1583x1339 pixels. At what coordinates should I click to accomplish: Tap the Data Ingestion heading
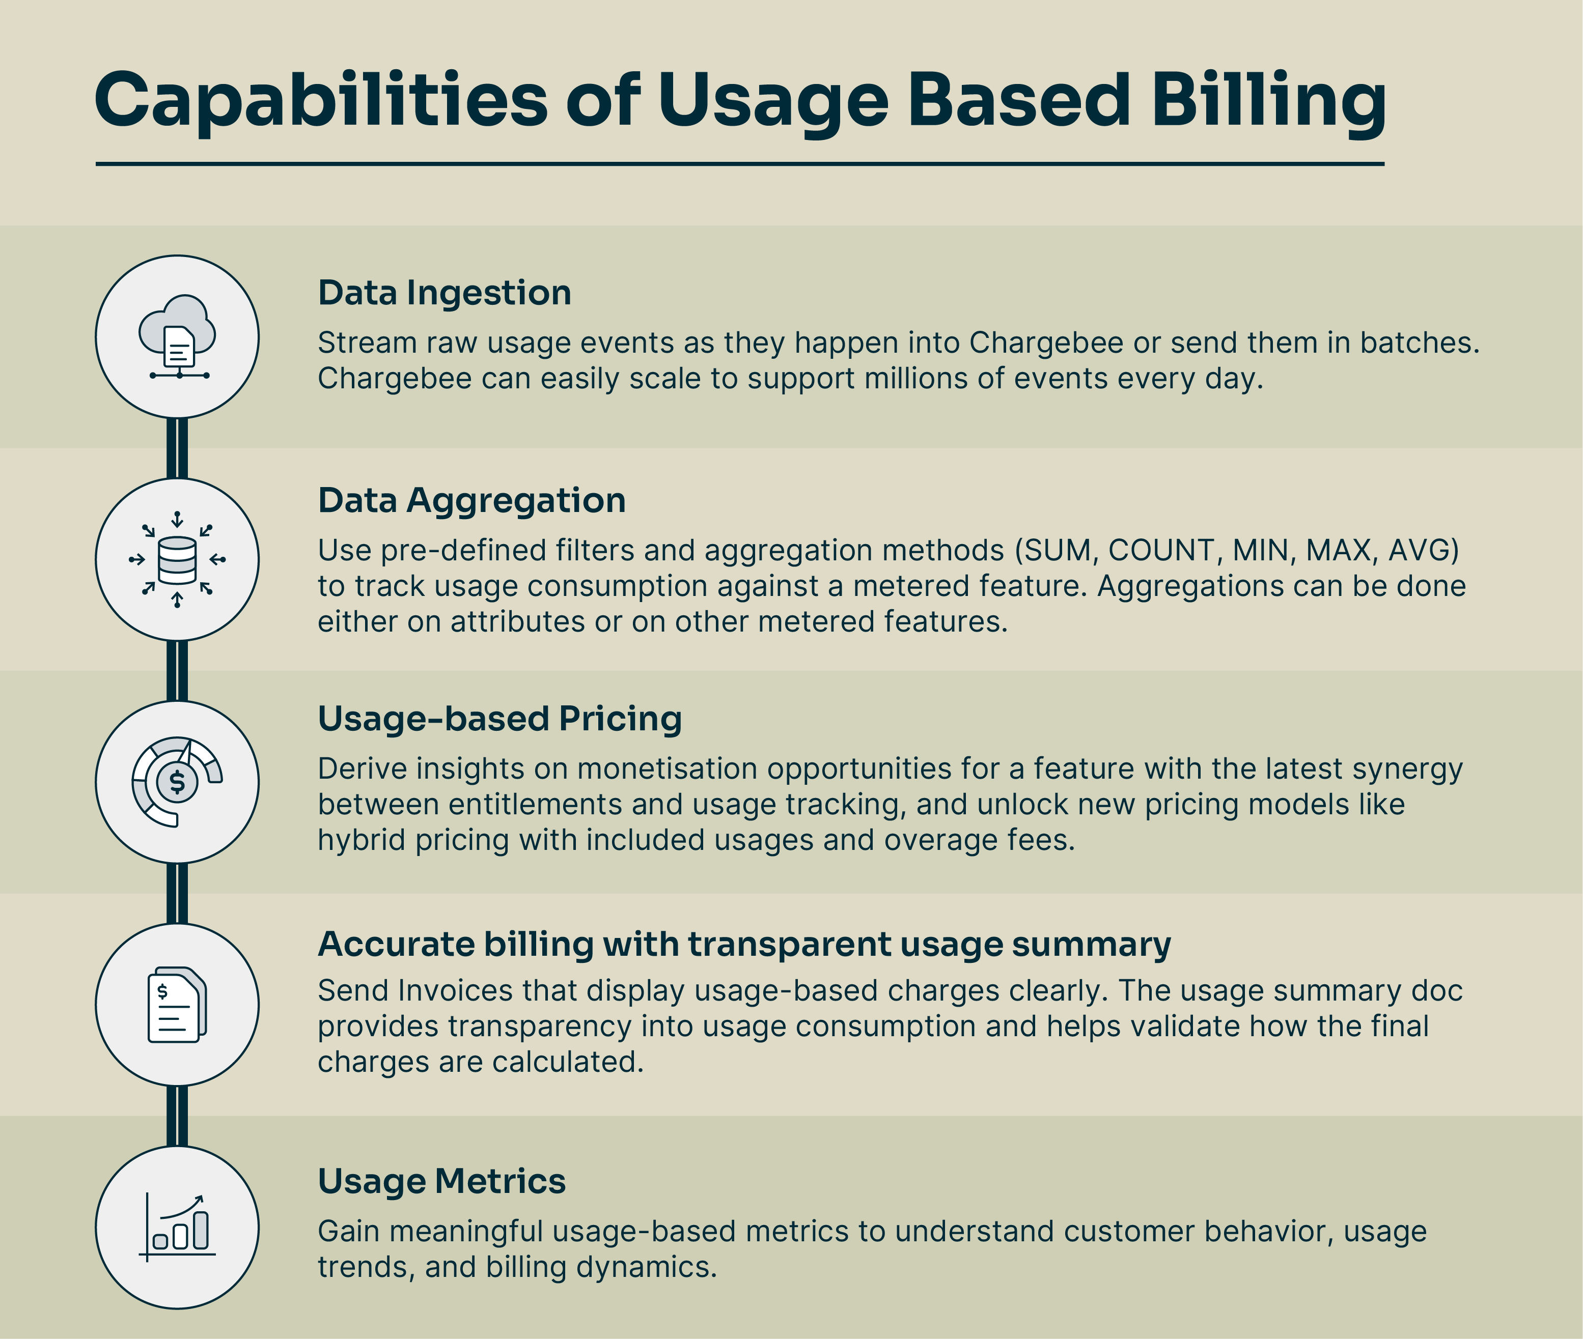444,293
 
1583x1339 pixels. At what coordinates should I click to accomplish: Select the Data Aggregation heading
471,501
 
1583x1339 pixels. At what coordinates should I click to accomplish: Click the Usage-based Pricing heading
499,718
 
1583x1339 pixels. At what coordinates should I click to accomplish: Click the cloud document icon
177,337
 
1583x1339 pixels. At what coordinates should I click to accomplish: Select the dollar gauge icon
177,782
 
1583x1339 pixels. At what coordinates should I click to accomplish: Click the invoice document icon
177,1004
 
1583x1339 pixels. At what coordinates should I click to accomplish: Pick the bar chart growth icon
177,1227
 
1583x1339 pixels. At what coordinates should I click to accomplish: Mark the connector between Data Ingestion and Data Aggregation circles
177,448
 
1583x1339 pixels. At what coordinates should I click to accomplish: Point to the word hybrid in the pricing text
362,841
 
